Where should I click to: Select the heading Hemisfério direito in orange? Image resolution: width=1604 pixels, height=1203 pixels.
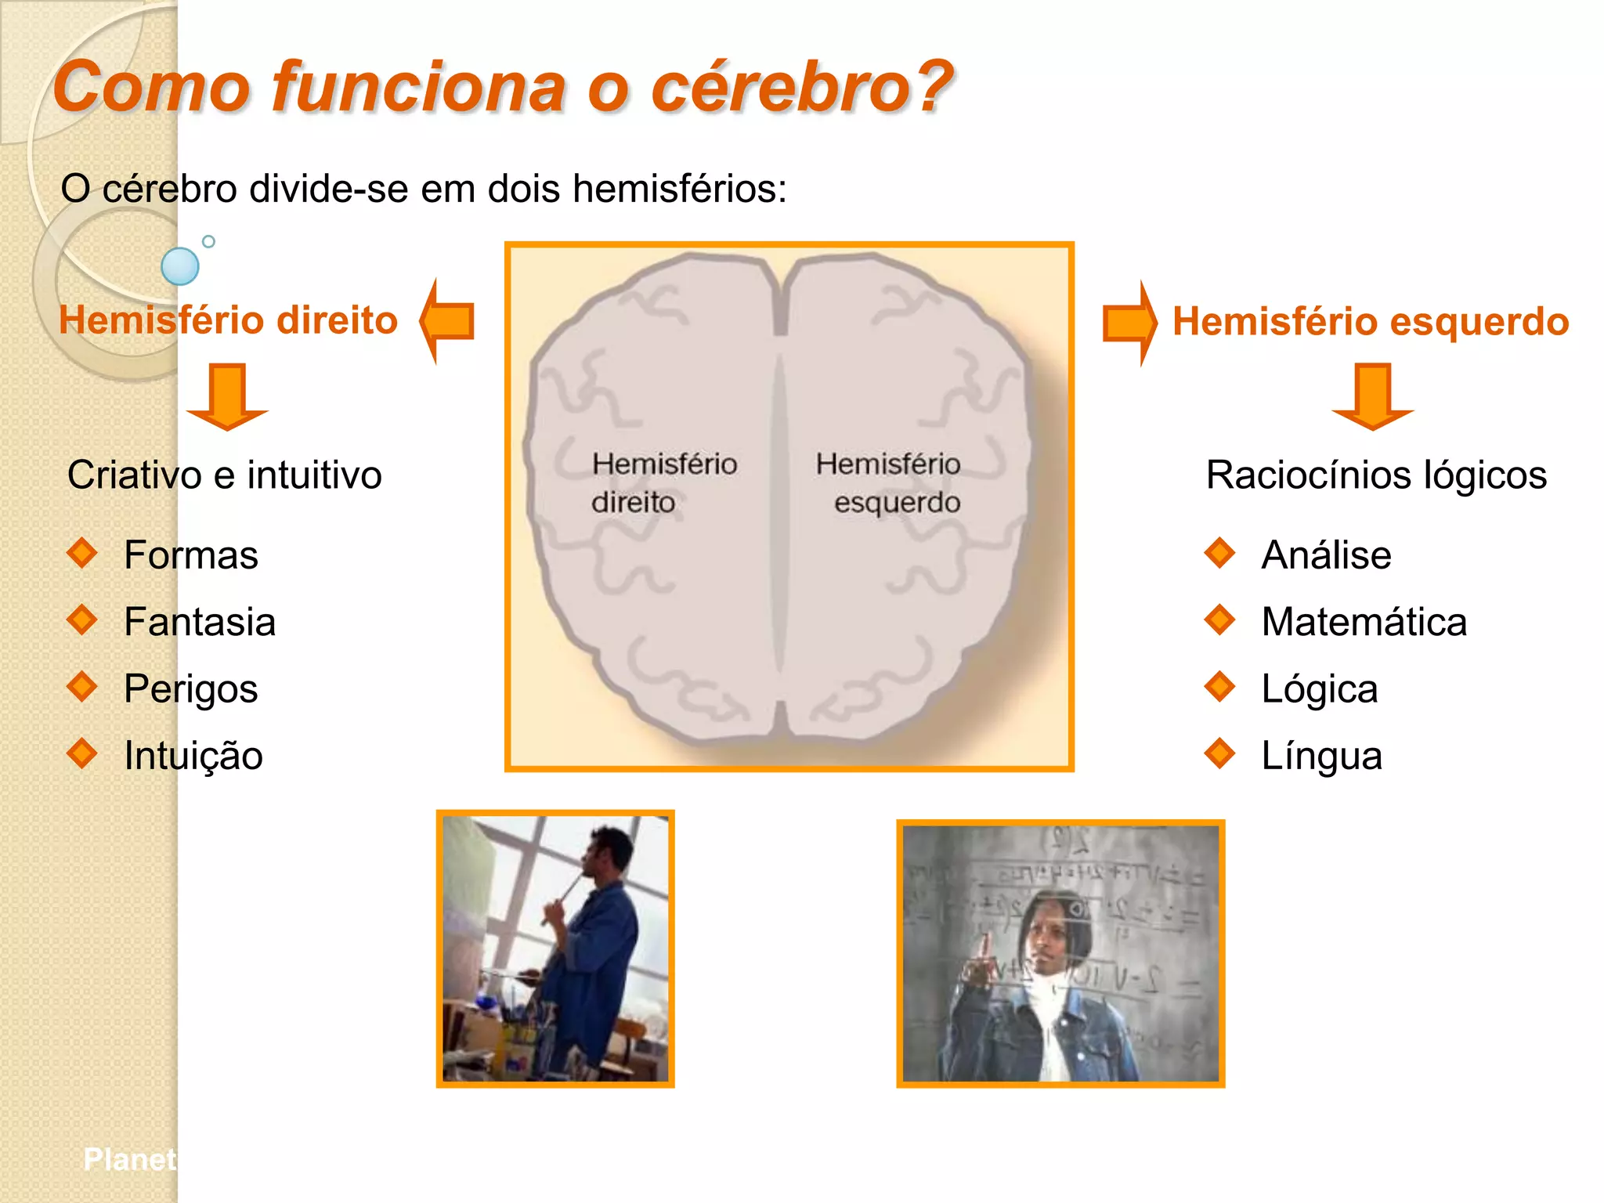pos(228,320)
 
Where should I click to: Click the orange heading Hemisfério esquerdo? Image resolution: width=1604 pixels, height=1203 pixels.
pos(1371,321)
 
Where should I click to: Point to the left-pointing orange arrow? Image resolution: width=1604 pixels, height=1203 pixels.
pos(448,321)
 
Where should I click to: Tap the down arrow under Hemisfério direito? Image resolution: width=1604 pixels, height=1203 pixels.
pos(227,396)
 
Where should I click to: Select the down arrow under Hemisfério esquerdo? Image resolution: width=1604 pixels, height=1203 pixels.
pos(1372,396)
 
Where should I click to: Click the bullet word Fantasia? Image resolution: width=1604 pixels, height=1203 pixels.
pos(200,622)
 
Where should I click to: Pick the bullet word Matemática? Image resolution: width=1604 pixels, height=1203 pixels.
pos(1364,622)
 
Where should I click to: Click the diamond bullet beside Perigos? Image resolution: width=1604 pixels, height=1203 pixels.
pos(82,687)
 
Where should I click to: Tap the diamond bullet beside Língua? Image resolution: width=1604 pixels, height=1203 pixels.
pos(1219,753)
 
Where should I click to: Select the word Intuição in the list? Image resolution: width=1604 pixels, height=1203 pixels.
pos(193,756)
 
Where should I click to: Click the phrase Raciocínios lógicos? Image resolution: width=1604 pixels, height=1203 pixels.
pos(1376,475)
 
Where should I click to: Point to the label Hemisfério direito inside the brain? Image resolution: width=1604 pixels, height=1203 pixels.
pos(663,482)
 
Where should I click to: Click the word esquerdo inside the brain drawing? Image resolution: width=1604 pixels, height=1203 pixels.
pos(897,502)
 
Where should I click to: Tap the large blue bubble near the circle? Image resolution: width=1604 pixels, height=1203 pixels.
pos(180,266)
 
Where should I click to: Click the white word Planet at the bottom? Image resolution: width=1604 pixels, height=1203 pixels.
pos(129,1159)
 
